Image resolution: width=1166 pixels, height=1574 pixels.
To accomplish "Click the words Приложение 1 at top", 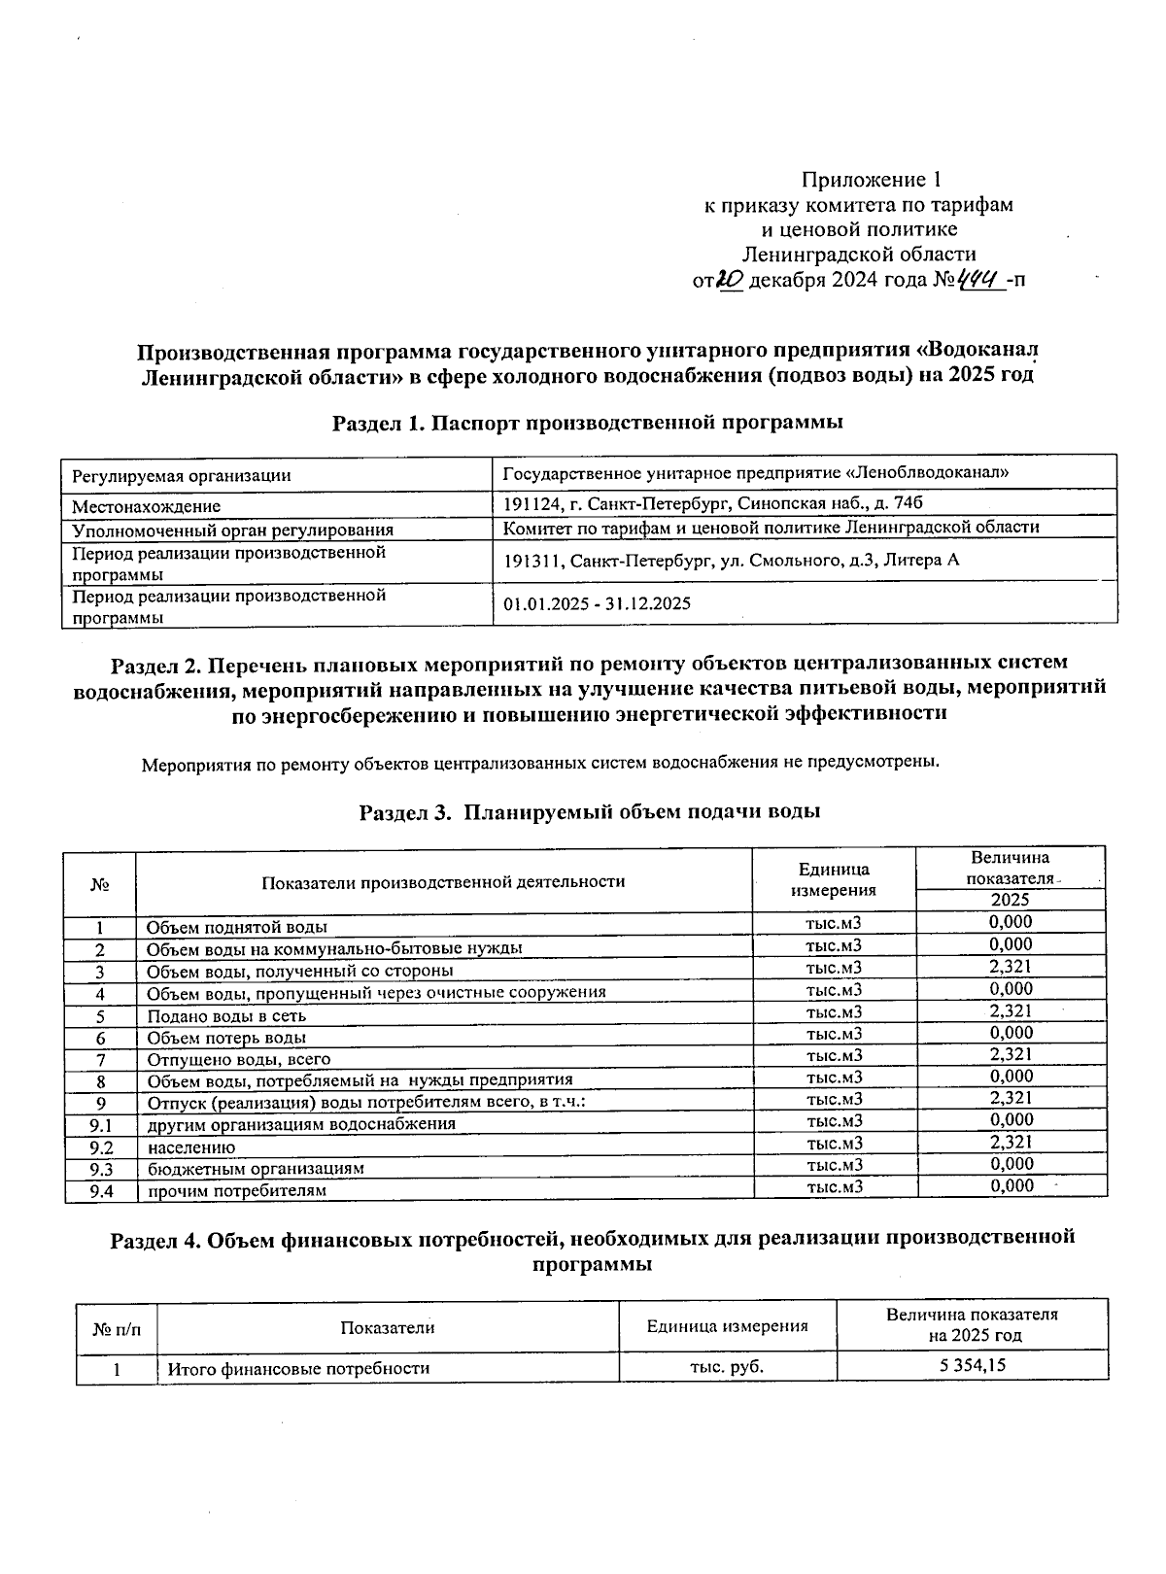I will (x=871, y=180).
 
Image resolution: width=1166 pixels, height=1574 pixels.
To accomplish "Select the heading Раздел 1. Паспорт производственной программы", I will (x=587, y=423).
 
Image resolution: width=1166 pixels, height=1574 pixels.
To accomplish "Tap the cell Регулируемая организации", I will (x=182, y=475).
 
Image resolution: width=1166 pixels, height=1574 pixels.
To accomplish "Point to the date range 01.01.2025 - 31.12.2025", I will (x=597, y=603).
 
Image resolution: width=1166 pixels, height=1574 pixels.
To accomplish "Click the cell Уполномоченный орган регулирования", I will (x=233, y=530).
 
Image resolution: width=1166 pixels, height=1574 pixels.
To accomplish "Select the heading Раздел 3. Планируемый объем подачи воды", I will (x=590, y=811).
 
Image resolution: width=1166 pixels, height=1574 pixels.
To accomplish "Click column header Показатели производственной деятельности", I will (x=443, y=881).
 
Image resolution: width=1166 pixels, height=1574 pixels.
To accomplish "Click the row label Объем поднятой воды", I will (x=237, y=927).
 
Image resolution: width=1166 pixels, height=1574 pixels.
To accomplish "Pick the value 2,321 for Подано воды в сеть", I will (x=1011, y=1010).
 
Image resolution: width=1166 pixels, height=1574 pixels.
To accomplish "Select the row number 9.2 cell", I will (x=101, y=1146).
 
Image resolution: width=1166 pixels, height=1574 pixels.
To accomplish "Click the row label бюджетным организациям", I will (x=256, y=1168).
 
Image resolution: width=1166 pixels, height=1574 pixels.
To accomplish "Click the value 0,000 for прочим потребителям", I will (x=1011, y=1185).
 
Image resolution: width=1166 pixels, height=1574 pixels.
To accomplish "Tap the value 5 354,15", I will (x=972, y=1366).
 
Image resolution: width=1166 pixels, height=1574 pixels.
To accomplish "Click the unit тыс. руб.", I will (x=727, y=1366).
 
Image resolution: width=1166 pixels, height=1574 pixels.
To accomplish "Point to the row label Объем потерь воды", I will (x=227, y=1038).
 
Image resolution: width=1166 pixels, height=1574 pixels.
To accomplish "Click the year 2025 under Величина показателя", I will (x=1011, y=900).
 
